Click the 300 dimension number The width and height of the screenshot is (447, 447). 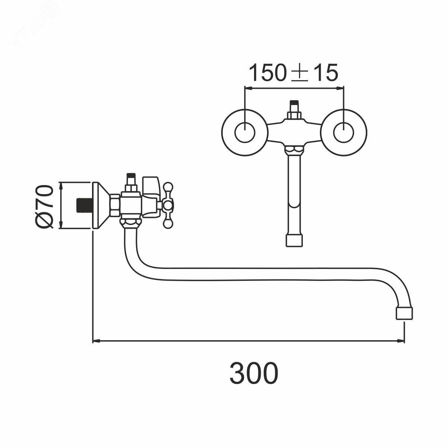click(254, 373)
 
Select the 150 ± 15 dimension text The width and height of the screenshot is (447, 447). click(294, 73)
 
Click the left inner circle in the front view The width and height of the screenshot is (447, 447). click(245, 133)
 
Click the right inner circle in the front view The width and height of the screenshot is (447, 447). click(343, 133)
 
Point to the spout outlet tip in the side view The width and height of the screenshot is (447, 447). click(404, 314)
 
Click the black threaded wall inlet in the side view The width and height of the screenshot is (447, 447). click(85, 205)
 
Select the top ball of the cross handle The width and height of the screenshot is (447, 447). click(168, 187)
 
